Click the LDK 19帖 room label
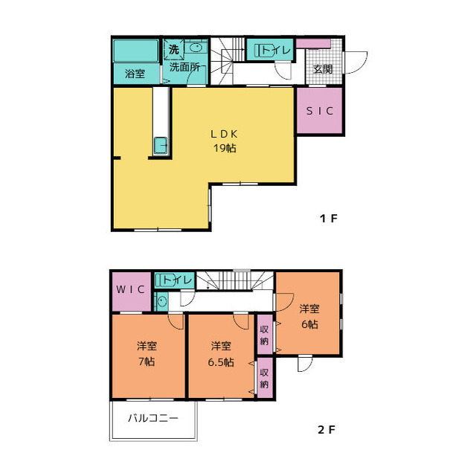pyautogui.click(x=223, y=141)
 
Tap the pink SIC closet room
pyautogui.click(x=321, y=110)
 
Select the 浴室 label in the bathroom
pyautogui.click(x=135, y=74)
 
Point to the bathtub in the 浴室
pyautogui.click(x=136, y=51)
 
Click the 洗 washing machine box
pyautogui.click(x=173, y=49)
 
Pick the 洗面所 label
pyautogui.click(x=184, y=67)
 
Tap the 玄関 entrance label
pyautogui.click(x=323, y=69)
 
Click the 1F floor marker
pyautogui.click(x=329, y=219)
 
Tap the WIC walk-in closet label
pyautogui.click(x=130, y=289)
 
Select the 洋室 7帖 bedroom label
pyautogui.click(x=147, y=354)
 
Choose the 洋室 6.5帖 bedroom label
pyautogui.click(x=220, y=354)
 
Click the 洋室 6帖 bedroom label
pyautogui.click(x=309, y=316)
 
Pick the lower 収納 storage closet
pyautogui.click(x=264, y=379)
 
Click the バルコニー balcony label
pyautogui.click(x=152, y=419)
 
